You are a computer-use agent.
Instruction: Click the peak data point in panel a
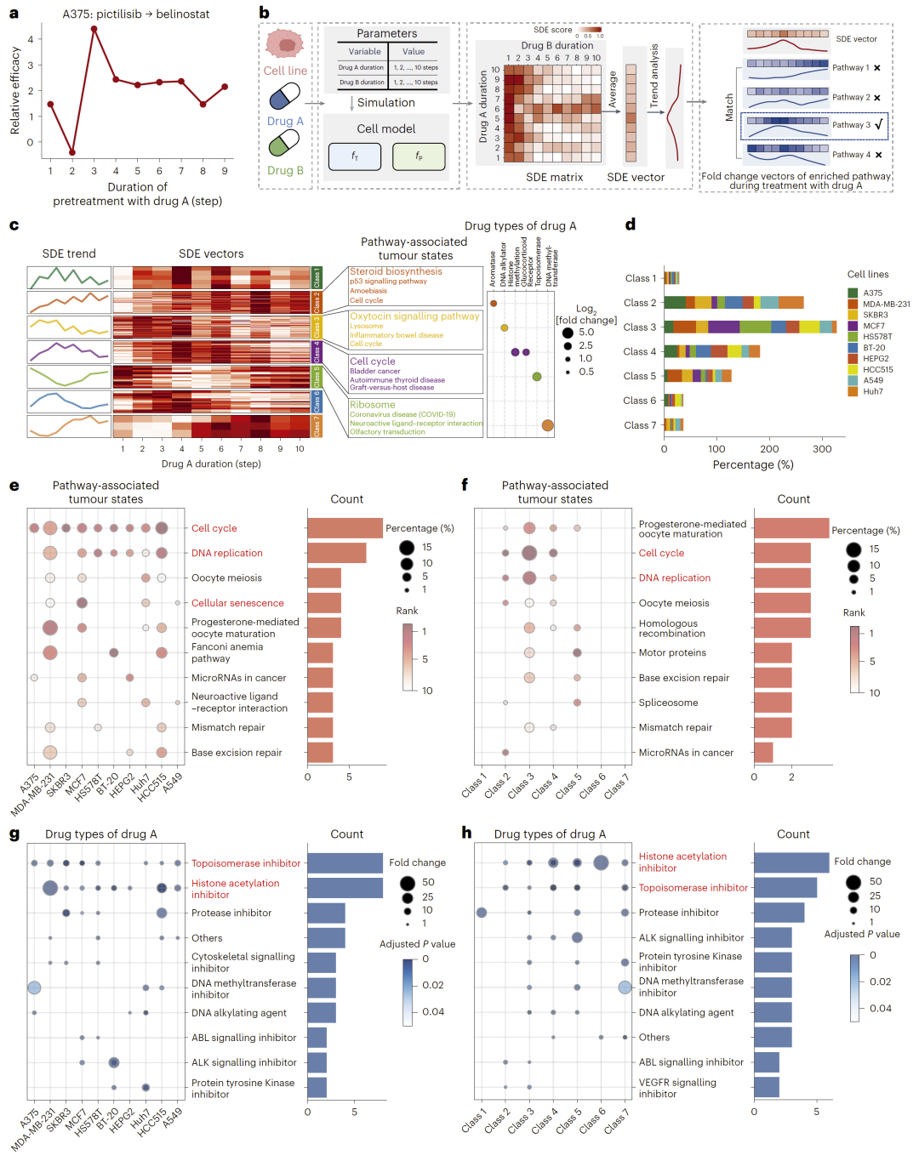tap(94, 29)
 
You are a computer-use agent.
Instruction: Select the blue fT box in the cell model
tap(354, 157)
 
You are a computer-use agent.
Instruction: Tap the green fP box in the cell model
tap(419, 157)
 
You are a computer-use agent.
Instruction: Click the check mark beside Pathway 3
tap(879, 125)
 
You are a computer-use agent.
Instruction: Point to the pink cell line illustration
tap(285, 44)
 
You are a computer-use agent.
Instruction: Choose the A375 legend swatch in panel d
tap(853, 293)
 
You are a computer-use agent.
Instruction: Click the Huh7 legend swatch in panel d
tap(853, 391)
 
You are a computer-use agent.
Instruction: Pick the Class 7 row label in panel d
tap(640, 425)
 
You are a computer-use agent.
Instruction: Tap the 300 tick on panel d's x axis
tap(822, 449)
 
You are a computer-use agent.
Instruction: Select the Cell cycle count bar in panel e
tap(345, 528)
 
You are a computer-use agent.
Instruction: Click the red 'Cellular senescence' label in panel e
tap(237, 603)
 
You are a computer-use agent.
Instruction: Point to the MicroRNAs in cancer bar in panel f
tap(763, 753)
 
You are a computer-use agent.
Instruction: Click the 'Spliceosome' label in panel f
tap(669, 703)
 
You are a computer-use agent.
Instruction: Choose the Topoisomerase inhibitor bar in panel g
tap(345, 863)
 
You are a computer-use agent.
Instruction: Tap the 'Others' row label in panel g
tap(207, 938)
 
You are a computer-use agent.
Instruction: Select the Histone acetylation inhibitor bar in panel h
tap(791, 862)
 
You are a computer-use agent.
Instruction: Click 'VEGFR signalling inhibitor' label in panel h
tap(677, 1088)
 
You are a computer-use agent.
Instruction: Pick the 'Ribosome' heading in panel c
tap(373, 405)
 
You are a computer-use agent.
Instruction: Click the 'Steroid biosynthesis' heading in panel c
tap(396, 271)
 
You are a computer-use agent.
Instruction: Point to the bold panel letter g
tap(14, 834)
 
